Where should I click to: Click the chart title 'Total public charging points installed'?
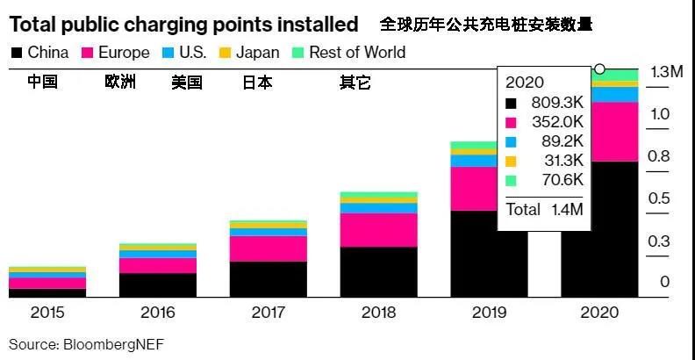pyautogui.click(x=183, y=24)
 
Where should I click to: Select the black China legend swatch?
pyautogui.click(x=15, y=53)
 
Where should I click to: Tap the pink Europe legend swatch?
pyautogui.click(x=88, y=53)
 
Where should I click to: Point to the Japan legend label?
pyautogui.click(x=259, y=53)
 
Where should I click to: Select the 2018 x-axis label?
pyautogui.click(x=378, y=312)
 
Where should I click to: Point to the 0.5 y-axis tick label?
pyautogui.click(x=660, y=199)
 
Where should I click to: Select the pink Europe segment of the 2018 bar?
pyautogui.click(x=378, y=229)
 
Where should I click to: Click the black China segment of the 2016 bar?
pyautogui.click(x=158, y=284)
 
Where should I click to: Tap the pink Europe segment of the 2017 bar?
pyautogui.click(x=268, y=248)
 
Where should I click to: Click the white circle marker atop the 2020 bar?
pyautogui.click(x=600, y=68)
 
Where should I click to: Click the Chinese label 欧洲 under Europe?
pyautogui.click(x=120, y=83)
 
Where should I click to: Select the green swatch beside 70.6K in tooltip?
pyautogui.click(x=512, y=181)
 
